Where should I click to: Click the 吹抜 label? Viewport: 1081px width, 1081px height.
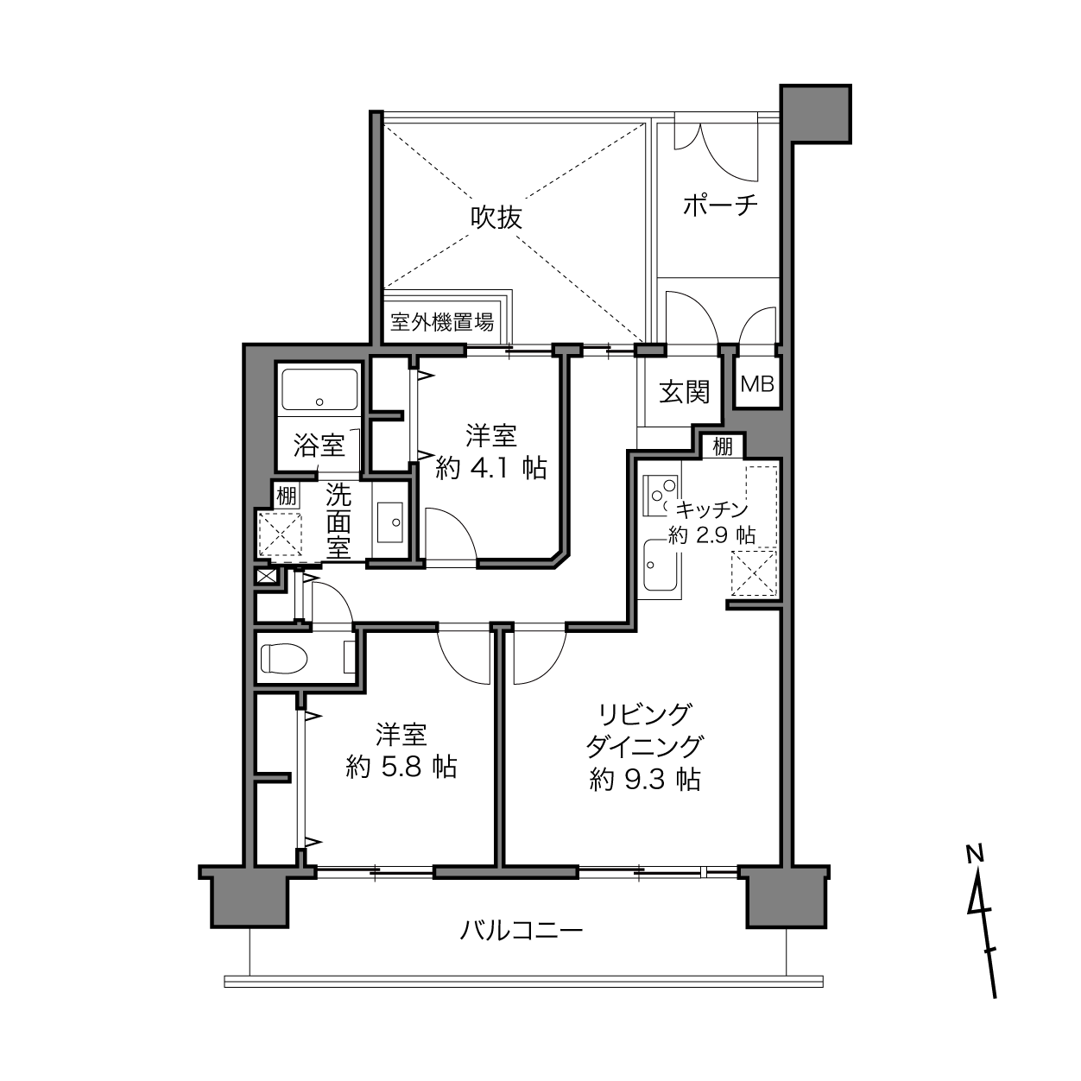tap(496, 218)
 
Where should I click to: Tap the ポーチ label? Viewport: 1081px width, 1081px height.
tap(720, 205)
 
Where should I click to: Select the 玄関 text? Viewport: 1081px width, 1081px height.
tap(685, 391)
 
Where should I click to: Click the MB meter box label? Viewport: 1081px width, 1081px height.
tap(757, 384)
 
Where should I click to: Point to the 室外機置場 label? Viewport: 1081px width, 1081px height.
tap(442, 323)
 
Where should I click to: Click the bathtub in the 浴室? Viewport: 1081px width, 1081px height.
tap(319, 389)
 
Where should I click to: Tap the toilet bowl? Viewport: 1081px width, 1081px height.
tap(285, 657)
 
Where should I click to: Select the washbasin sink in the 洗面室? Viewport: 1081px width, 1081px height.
tap(390, 522)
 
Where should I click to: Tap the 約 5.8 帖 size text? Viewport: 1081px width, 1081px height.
tap(401, 767)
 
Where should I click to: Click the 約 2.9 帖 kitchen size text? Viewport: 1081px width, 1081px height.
tap(711, 535)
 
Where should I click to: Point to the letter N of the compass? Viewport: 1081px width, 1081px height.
tap(976, 855)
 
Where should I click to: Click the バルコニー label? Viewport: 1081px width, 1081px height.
tap(522, 932)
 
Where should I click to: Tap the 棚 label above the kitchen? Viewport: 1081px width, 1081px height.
tap(723, 447)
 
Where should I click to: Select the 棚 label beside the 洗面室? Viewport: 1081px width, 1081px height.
tap(286, 496)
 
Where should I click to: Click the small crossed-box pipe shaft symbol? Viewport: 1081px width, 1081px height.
tap(265, 576)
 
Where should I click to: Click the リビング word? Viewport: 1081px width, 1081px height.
tap(644, 715)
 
